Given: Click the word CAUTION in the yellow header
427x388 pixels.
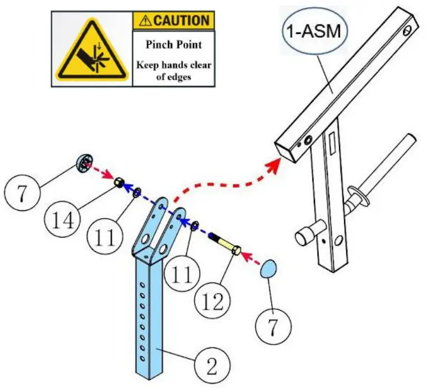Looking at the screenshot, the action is tap(181, 21).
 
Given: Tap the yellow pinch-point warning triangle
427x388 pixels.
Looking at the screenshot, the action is tap(92, 51).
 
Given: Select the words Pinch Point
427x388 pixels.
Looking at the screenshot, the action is tap(174, 45).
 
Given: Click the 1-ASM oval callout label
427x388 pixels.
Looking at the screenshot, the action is tap(314, 31).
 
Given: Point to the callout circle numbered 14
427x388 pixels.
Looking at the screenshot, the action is tap(62, 219).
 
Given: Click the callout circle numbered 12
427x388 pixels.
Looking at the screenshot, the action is tap(213, 301).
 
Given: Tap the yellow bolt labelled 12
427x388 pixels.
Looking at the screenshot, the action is tap(225, 243).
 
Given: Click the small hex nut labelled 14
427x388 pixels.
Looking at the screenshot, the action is tap(119, 182).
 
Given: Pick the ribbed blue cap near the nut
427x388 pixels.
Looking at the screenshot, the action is tap(84, 163).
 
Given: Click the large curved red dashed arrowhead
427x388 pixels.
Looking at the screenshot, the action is tap(274, 164).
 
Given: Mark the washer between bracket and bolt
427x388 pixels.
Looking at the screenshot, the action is tap(195, 226).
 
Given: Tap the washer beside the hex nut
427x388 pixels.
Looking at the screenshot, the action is tap(137, 192).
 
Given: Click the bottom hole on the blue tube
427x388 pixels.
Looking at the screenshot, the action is tap(141, 357).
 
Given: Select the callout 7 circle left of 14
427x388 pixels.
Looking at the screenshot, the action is tap(22, 193).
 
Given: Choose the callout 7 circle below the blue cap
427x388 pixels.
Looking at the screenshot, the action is tap(273, 326).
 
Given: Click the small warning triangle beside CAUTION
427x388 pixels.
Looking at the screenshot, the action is tap(145, 21).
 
